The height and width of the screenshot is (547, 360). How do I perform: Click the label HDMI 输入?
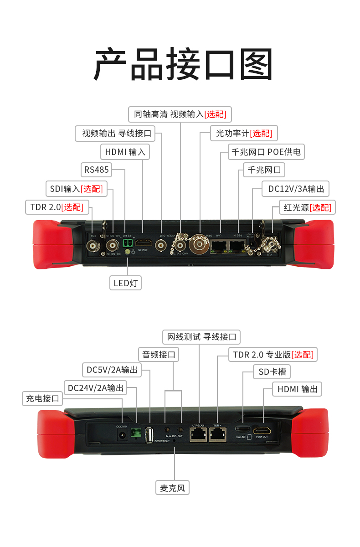[x=125, y=152]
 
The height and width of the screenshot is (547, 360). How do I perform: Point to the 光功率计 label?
[x=244, y=134]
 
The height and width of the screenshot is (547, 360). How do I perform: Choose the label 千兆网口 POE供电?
[x=266, y=152]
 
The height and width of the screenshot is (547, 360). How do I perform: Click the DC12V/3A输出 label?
[x=296, y=189]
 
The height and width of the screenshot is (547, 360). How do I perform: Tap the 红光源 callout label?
[x=307, y=207]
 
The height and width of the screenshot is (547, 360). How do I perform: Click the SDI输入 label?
[x=77, y=189]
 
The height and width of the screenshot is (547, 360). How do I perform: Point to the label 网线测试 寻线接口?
[x=201, y=337]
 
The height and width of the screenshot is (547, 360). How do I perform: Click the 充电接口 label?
[x=42, y=398]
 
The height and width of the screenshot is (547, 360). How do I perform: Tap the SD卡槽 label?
[x=272, y=372]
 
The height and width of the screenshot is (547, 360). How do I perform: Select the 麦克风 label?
[x=172, y=488]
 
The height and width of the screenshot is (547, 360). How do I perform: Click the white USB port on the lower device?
[x=149, y=434]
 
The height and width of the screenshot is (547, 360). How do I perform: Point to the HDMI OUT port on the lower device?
[x=262, y=431]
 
